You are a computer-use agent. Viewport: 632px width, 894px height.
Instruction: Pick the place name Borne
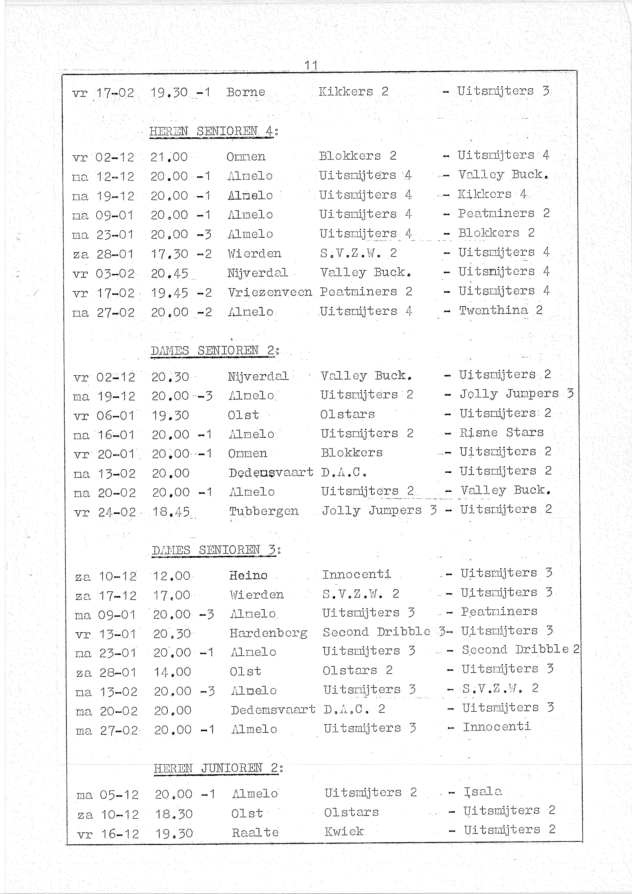(x=246, y=92)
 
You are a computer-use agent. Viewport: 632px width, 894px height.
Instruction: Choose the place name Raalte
(x=255, y=832)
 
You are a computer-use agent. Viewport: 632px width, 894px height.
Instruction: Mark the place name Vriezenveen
(x=270, y=292)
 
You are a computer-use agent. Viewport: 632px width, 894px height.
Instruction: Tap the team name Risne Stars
(x=502, y=433)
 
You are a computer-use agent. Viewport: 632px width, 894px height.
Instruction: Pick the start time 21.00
(x=169, y=157)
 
